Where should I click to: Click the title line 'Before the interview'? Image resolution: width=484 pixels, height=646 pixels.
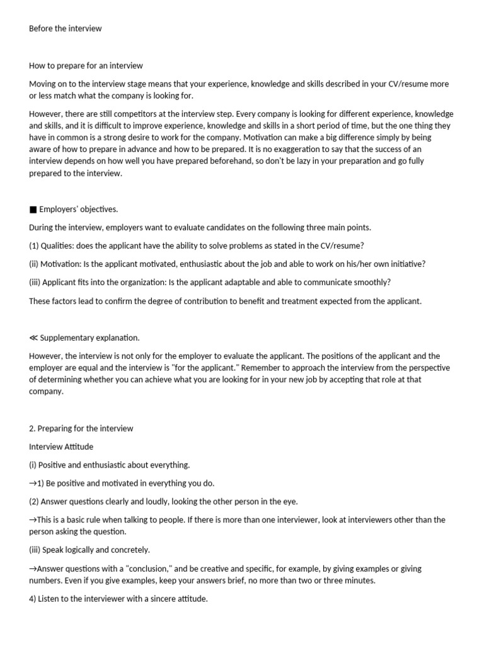point(65,28)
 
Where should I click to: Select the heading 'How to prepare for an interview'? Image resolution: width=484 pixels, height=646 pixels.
point(86,66)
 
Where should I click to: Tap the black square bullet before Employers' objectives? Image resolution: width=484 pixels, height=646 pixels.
point(33,209)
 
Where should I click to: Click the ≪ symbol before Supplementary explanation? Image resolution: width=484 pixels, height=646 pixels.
point(33,338)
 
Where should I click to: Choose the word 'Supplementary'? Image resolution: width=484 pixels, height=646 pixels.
point(67,338)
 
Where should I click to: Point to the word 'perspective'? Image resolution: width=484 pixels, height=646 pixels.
point(426,367)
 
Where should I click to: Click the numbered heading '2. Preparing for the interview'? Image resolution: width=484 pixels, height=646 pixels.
point(81,428)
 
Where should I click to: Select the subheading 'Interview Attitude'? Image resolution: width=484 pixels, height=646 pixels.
point(61,447)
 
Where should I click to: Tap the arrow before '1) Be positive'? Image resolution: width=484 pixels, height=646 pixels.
point(33,483)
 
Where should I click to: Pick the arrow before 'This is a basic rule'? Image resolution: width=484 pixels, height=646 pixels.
point(33,520)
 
